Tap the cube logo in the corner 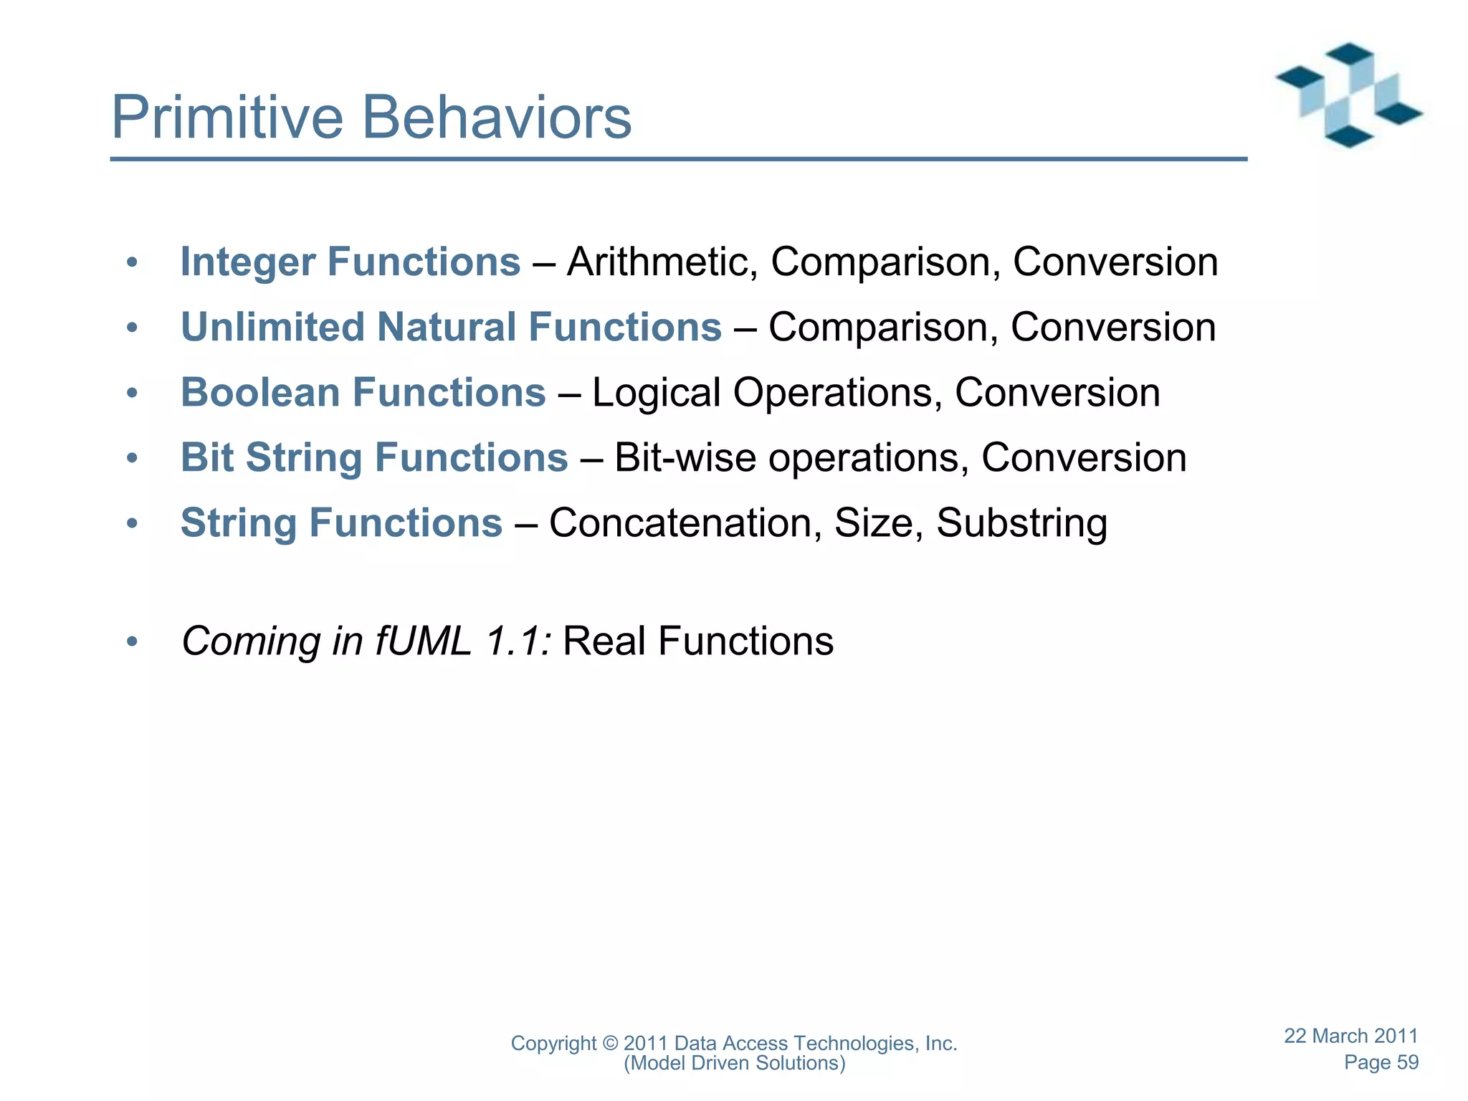coord(1348,95)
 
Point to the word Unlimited coord(272,328)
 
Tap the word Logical coord(656,393)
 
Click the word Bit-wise coord(685,458)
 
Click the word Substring coord(1021,523)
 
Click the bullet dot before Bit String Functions coord(131,458)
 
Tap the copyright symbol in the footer coord(610,1044)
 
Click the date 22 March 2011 coord(1350,1036)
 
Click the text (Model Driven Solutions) coord(734,1063)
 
